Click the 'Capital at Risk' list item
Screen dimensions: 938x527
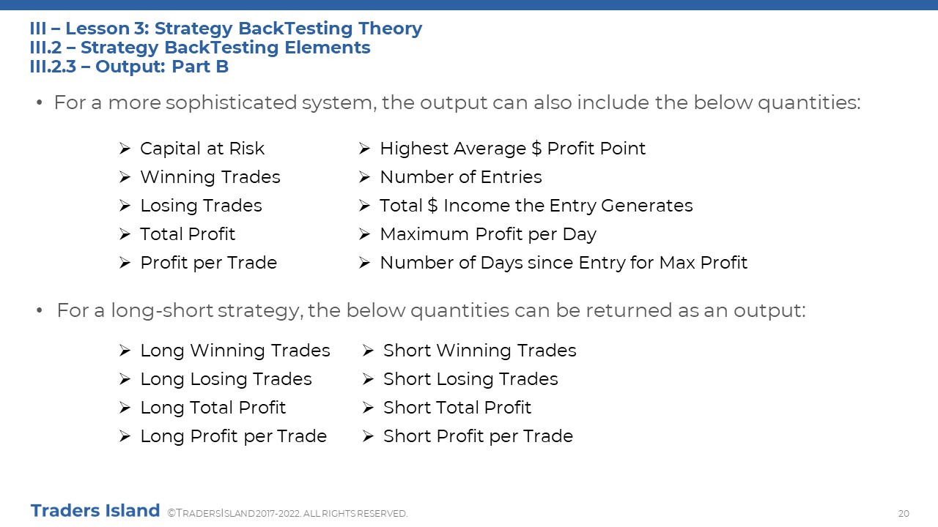[x=202, y=149]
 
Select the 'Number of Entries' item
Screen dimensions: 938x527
[x=461, y=177]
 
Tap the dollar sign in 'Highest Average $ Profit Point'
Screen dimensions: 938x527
[x=536, y=149]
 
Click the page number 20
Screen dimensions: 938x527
[x=904, y=513]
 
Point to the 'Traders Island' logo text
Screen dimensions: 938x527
[x=95, y=510]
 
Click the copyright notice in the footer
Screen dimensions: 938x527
[x=287, y=513]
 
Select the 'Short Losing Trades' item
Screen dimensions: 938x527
[x=470, y=379]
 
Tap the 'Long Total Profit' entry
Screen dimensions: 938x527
[x=213, y=408]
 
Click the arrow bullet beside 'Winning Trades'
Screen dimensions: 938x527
[x=125, y=177]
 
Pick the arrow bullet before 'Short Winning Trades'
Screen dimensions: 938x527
[x=368, y=350]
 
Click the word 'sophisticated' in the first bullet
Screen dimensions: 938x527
[x=231, y=103]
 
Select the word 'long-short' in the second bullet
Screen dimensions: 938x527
[x=162, y=310]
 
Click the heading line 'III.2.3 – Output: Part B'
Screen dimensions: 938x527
[x=129, y=67]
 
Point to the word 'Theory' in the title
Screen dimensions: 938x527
[x=391, y=29]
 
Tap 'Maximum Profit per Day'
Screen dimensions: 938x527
[x=488, y=234]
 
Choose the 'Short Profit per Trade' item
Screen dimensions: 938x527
[x=478, y=436]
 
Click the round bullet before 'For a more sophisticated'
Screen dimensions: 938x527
[x=40, y=102]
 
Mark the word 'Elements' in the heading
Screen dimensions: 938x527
[x=328, y=48]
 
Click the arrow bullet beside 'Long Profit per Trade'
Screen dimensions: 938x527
[x=125, y=436]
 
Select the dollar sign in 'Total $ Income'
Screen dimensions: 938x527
[x=432, y=206]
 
